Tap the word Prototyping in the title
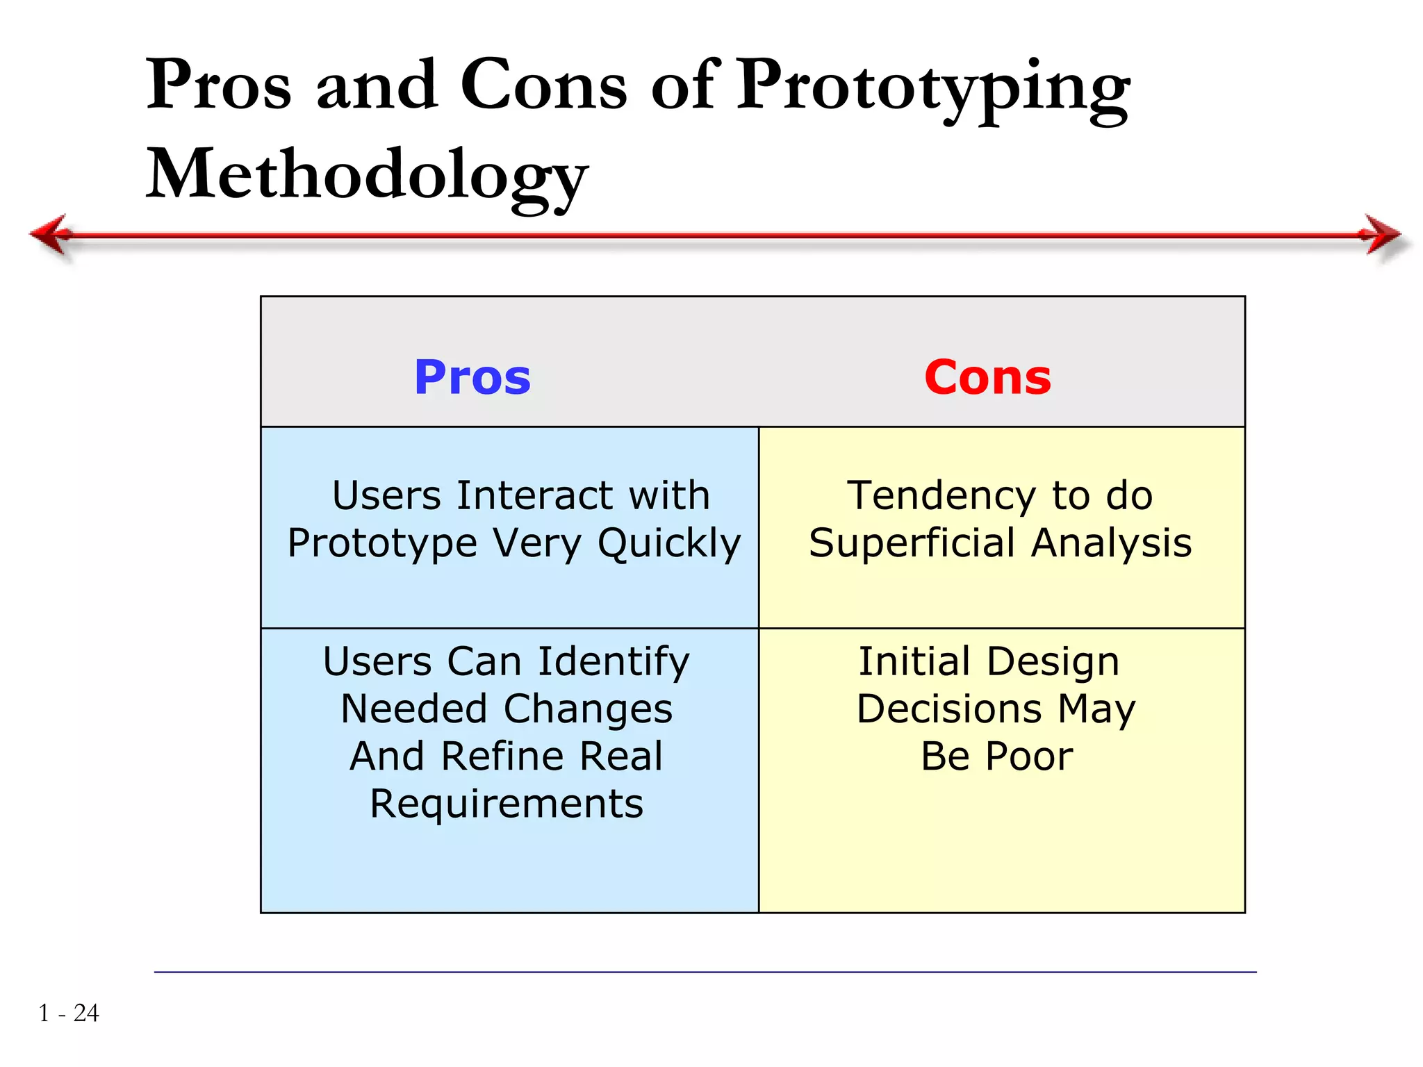click(x=932, y=87)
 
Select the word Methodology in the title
click(x=367, y=175)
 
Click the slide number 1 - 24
click(x=69, y=1013)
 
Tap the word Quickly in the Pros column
click(x=669, y=543)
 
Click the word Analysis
click(x=1111, y=543)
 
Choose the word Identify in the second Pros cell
click(x=614, y=661)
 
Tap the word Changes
click(x=588, y=709)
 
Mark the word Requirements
click(x=507, y=804)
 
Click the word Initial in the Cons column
click(x=914, y=661)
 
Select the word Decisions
click(x=949, y=709)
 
